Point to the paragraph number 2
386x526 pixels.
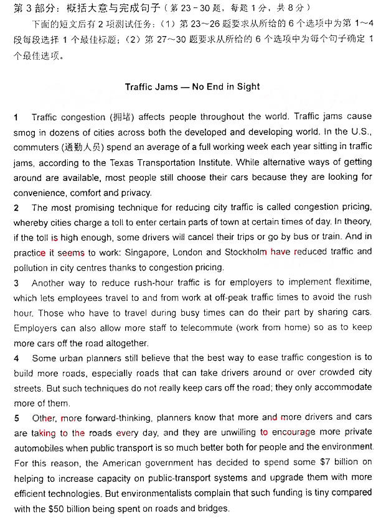(x=16, y=207)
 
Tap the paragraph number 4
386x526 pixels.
(x=16, y=358)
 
